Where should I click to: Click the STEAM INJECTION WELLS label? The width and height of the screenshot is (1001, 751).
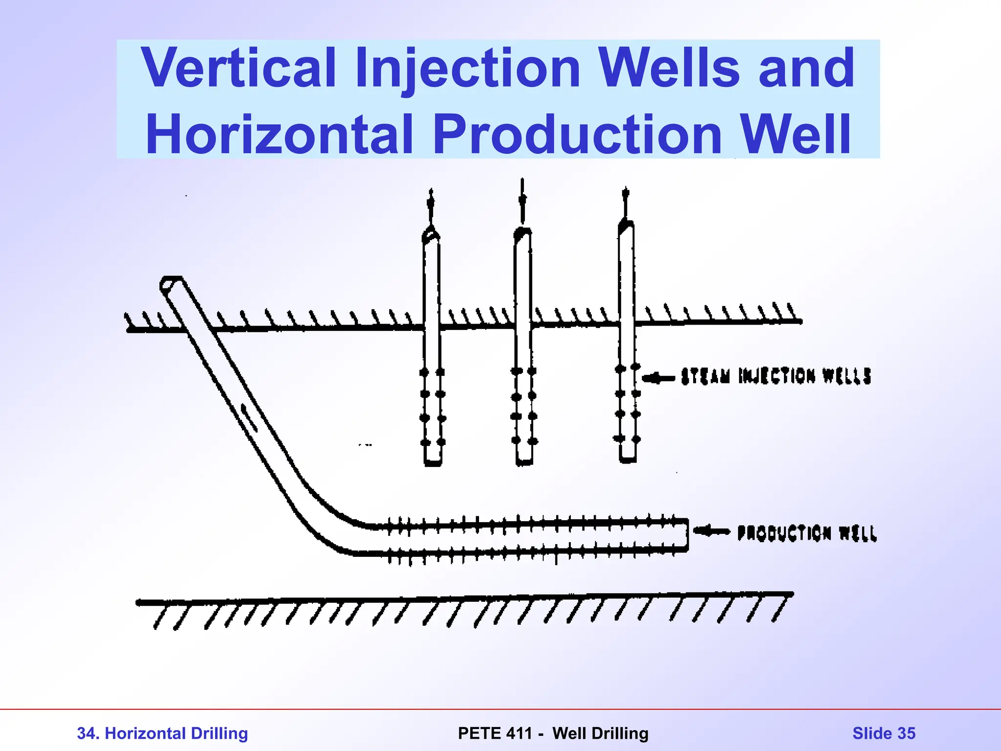(776, 376)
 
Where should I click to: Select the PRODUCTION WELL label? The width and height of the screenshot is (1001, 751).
(807, 533)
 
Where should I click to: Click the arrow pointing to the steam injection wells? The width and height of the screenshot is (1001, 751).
(658, 378)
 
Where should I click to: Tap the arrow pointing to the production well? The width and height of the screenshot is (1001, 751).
(711, 531)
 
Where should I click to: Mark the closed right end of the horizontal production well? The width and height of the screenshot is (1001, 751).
(687, 536)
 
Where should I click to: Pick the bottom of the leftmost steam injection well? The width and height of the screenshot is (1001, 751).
(433, 462)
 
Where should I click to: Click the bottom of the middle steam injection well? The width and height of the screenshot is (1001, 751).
(524, 462)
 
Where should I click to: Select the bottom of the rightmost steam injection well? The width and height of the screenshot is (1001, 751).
(628, 460)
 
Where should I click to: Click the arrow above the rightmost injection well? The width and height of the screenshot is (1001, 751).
(626, 200)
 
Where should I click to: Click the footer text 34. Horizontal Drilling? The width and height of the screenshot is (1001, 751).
(162, 733)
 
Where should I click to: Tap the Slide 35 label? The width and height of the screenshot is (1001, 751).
(884, 733)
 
